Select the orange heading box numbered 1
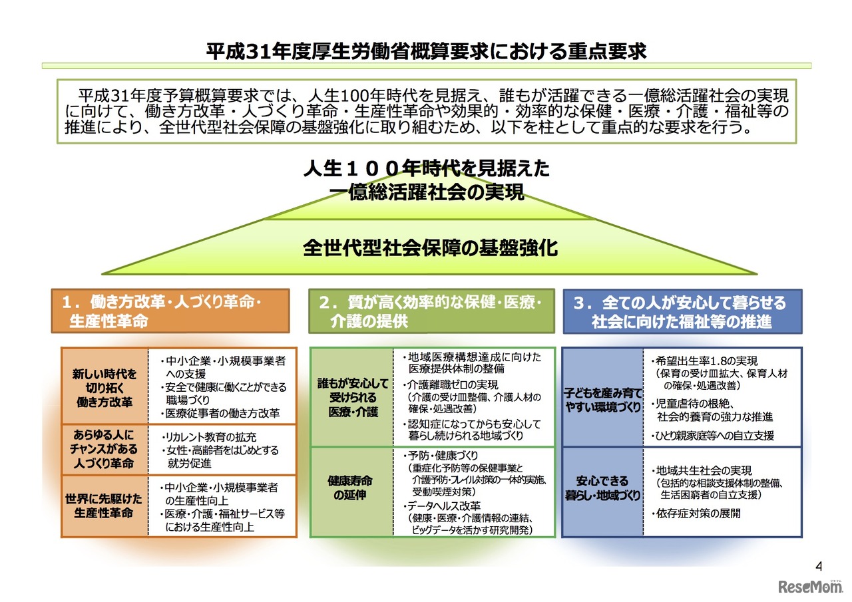click(x=170, y=311)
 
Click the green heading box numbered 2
click(x=431, y=311)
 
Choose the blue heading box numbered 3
click(x=682, y=311)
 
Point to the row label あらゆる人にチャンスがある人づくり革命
click(x=105, y=450)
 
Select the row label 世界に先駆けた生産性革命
click(x=105, y=506)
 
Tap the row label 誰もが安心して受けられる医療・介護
click(x=352, y=398)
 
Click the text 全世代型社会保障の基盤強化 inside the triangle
click(x=430, y=249)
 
